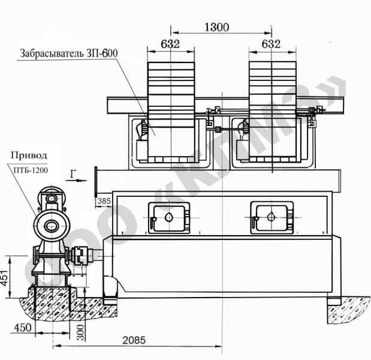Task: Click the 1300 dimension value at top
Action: (x=216, y=27)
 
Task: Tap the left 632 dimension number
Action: (x=170, y=44)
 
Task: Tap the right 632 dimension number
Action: (x=271, y=44)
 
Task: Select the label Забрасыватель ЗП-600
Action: (x=68, y=53)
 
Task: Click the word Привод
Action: (x=29, y=155)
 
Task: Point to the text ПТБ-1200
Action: (x=31, y=170)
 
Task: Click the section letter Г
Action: (x=73, y=174)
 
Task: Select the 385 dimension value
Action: (x=104, y=201)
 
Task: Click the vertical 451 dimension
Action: (x=5, y=277)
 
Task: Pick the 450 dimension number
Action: (x=23, y=328)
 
